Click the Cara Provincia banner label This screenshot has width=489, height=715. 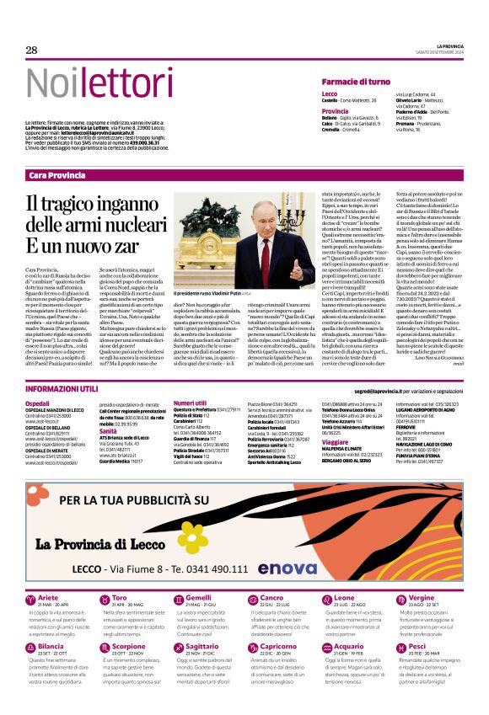pyautogui.click(x=56, y=174)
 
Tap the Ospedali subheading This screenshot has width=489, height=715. pyautogui.click(x=38, y=404)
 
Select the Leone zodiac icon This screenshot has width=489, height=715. pyautogui.click(x=311, y=600)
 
